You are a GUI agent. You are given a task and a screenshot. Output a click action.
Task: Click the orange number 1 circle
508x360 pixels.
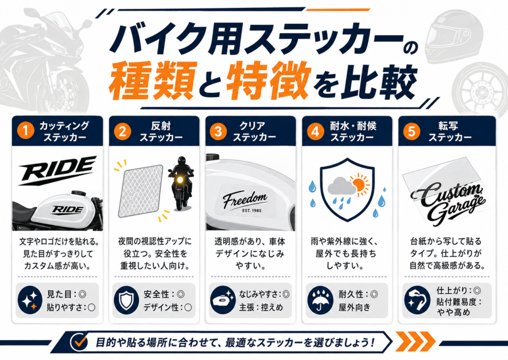[26, 132]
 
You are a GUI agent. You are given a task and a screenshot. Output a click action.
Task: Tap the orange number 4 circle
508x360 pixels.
[315, 132]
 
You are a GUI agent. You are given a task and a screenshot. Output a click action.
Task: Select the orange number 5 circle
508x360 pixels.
[411, 132]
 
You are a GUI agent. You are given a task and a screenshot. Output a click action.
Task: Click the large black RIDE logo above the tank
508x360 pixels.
[58, 170]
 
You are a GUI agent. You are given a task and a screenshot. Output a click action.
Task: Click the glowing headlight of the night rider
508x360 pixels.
[179, 179]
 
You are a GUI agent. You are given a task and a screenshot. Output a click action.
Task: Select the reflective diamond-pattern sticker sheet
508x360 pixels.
[140, 191]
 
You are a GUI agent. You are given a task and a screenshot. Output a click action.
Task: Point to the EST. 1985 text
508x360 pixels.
[252, 211]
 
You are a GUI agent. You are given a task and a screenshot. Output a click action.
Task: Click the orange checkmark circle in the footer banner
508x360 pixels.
[79, 342]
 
